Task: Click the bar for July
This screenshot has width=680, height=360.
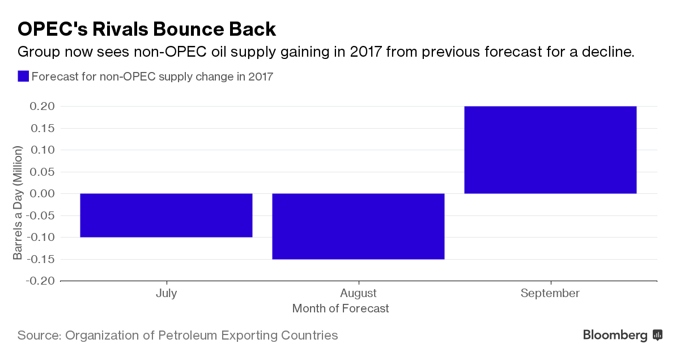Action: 166,215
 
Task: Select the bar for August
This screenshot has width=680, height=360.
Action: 358,226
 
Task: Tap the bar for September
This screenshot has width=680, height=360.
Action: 550,150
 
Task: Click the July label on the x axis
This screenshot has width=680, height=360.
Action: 166,293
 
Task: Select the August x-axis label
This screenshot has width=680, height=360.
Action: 358,293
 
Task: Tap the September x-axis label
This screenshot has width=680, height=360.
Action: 550,293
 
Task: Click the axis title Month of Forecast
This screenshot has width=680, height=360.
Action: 341,308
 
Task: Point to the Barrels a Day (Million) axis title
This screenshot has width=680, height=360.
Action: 18,202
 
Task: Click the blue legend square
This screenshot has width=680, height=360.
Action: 23,77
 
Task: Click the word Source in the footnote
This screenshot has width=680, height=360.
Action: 39,335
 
